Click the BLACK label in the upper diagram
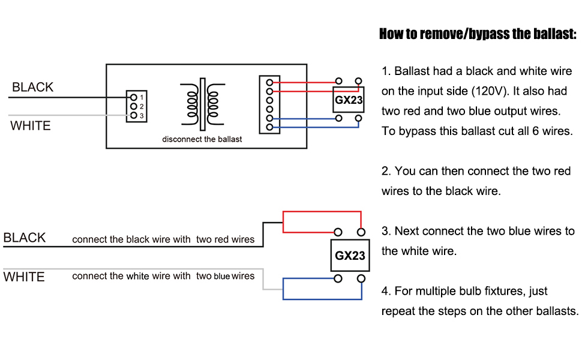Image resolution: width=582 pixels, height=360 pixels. pos(32,88)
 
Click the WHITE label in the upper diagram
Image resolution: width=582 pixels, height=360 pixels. pos(31,126)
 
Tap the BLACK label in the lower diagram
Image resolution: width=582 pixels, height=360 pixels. pos(25,238)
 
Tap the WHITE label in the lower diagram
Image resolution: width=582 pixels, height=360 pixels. pos(24,277)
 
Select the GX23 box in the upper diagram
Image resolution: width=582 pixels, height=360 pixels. pos(349,100)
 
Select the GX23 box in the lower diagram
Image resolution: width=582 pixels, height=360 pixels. pos(349,255)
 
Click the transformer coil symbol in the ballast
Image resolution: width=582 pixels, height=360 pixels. pos(202,103)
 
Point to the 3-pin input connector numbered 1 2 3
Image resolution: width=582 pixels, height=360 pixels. pos(136,106)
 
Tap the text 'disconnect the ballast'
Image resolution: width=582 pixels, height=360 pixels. pos(202,139)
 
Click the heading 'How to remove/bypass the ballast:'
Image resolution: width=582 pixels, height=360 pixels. pos(478,34)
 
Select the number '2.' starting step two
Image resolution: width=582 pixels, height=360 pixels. pos(386,172)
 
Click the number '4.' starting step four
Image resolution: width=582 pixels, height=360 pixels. pos(386,292)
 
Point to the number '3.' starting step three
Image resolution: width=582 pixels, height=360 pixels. pos(386,232)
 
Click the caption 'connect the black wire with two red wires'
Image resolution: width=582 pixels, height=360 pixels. pos(163,239)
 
